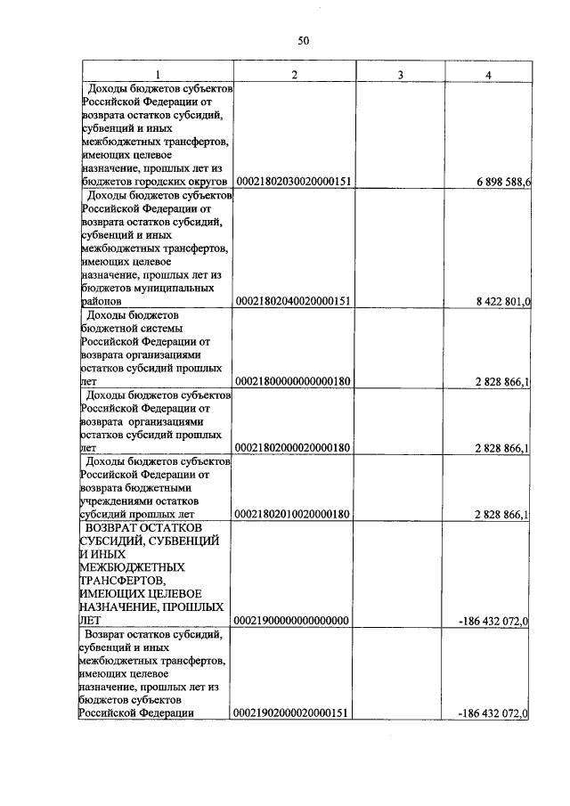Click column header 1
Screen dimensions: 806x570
[x=158, y=74]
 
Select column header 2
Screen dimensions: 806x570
[x=294, y=74]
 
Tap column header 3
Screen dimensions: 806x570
[x=401, y=74]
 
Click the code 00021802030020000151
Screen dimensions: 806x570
[x=293, y=182]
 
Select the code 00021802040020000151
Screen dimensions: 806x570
[x=293, y=302]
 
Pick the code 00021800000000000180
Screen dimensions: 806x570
[x=293, y=381]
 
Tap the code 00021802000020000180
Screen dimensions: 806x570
[x=293, y=448]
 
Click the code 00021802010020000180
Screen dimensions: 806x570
[x=293, y=514]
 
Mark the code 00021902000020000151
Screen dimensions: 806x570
[x=293, y=713]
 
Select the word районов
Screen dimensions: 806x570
[x=100, y=302]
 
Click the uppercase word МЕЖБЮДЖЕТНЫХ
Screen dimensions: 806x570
[x=131, y=567]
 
